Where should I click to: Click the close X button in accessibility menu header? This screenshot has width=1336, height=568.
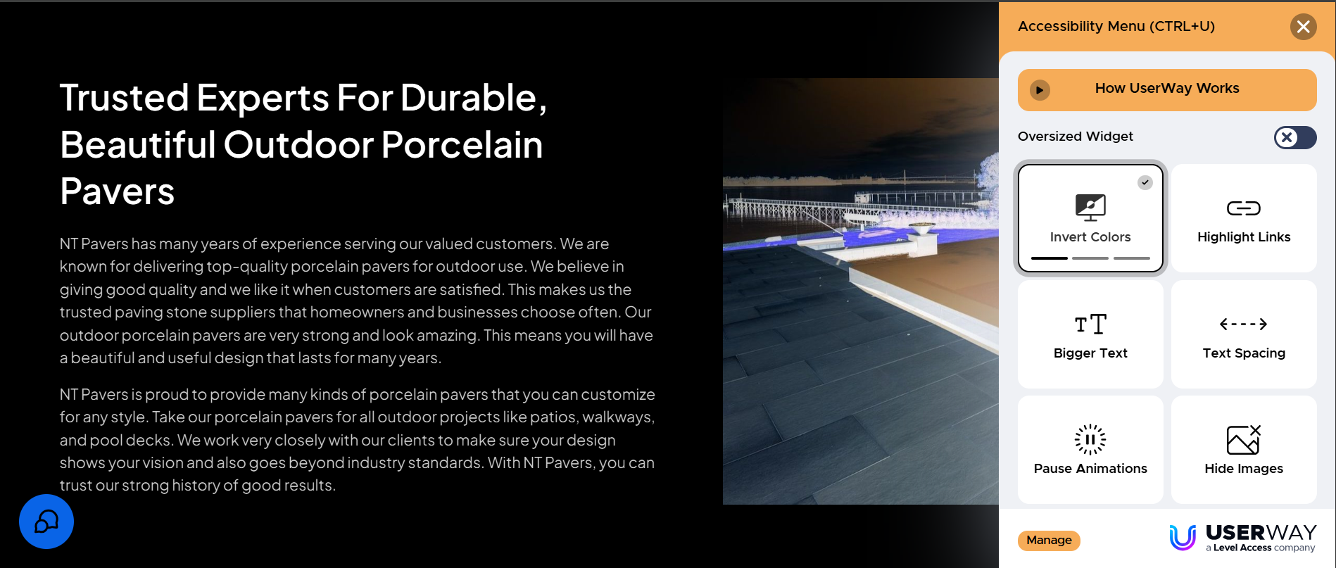pyautogui.click(x=1303, y=27)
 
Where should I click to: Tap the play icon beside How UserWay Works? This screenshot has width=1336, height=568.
pyautogui.click(x=1040, y=90)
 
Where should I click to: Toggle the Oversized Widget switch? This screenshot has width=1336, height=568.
pyautogui.click(x=1295, y=137)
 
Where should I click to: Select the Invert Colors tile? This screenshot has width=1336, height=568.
pyautogui.click(x=1090, y=217)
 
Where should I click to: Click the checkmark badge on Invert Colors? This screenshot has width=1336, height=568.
pyautogui.click(x=1145, y=182)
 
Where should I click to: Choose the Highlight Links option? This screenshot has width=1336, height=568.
pyautogui.click(x=1244, y=218)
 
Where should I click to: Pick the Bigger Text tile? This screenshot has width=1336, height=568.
pyautogui.click(x=1090, y=334)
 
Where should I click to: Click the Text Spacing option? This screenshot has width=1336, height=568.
pyautogui.click(x=1244, y=334)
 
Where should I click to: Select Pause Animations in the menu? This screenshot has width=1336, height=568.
pyautogui.click(x=1090, y=450)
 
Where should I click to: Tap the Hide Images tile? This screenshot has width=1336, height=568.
pyautogui.click(x=1244, y=450)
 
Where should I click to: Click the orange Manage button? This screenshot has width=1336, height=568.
pyautogui.click(x=1049, y=541)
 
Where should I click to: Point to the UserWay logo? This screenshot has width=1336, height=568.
pyautogui.click(x=1242, y=538)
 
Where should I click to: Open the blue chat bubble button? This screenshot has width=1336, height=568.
pyautogui.click(x=46, y=522)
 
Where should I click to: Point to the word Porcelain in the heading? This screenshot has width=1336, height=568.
pyautogui.click(x=462, y=145)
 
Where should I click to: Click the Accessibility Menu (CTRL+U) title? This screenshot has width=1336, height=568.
pyautogui.click(x=1116, y=27)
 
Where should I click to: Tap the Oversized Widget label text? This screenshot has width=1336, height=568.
pyautogui.click(x=1076, y=137)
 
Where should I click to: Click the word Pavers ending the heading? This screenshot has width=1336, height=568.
pyautogui.click(x=118, y=192)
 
